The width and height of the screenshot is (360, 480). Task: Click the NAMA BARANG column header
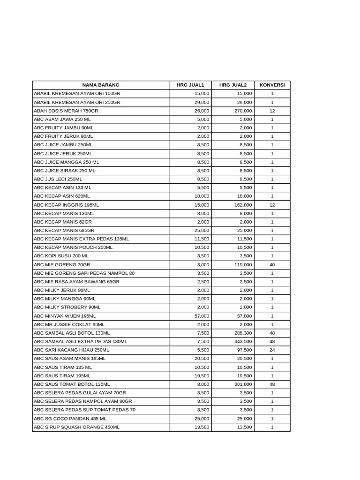coord(101,85)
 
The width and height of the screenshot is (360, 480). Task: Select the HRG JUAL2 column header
coord(232,85)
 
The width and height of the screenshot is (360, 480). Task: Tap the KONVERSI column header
coord(272,85)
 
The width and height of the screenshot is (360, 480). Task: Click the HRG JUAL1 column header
coord(190,85)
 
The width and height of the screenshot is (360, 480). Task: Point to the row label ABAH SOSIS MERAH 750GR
coord(66,111)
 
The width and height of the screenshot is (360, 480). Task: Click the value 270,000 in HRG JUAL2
coord(243,111)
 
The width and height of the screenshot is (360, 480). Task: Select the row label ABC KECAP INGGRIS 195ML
coord(67,205)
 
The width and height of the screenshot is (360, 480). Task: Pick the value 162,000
coord(243,205)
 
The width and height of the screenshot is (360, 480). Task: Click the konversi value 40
coord(272,265)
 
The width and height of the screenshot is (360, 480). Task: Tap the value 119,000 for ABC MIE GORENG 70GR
coord(243,265)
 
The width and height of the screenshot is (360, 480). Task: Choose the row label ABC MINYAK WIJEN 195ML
coord(65,316)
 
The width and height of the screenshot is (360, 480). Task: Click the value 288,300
coord(243,333)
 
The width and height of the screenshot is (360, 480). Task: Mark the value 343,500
coord(243,342)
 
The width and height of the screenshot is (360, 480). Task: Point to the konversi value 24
coord(272,350)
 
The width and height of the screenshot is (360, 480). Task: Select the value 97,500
coord(244,350)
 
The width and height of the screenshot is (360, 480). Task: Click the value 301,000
coord(243,384)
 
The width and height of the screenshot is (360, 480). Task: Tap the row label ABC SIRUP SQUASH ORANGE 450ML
coord(76,427)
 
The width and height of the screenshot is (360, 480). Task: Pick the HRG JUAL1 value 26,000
coord(202,111)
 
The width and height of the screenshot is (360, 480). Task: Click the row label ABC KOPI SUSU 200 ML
coord(61,256)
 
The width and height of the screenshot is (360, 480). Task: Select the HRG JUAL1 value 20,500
coord(202,359)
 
